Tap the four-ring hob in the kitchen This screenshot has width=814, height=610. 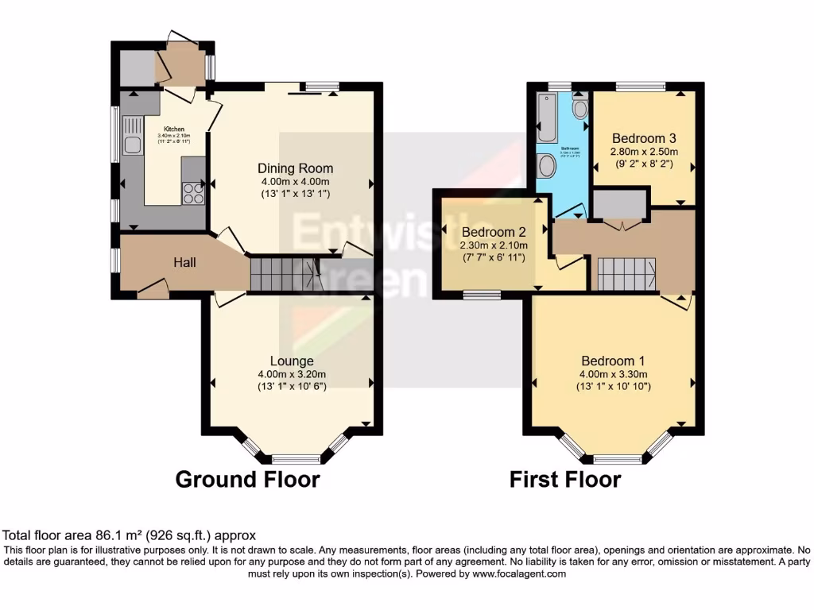point(193,193)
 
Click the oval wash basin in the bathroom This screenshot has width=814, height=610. point(547,165)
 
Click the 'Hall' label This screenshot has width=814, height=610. point(184,263)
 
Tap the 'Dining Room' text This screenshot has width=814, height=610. point(295,168)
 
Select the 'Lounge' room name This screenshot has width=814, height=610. point(291,361)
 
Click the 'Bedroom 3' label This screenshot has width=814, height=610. point(643,137)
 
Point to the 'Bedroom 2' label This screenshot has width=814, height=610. point(494,233)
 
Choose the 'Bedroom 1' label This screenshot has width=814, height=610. point(613,360)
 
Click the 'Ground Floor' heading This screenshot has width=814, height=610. point(247,480)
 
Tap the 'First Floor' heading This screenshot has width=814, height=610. point(565,480)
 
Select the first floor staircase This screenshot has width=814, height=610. point(626,275)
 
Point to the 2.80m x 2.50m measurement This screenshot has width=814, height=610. point(643,152)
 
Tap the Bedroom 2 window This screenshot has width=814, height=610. point(482,295)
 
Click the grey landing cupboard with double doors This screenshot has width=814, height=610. point(619,205)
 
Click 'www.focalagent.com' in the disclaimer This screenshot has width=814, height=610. point(520,573)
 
